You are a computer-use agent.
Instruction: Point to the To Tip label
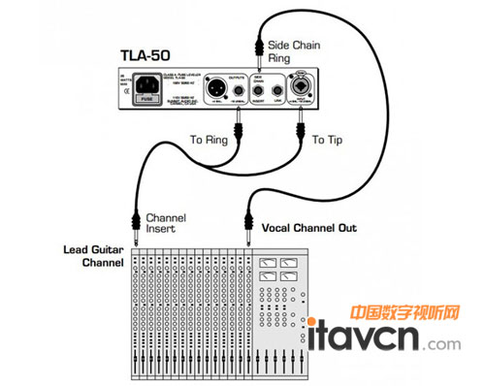[329, 140]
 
